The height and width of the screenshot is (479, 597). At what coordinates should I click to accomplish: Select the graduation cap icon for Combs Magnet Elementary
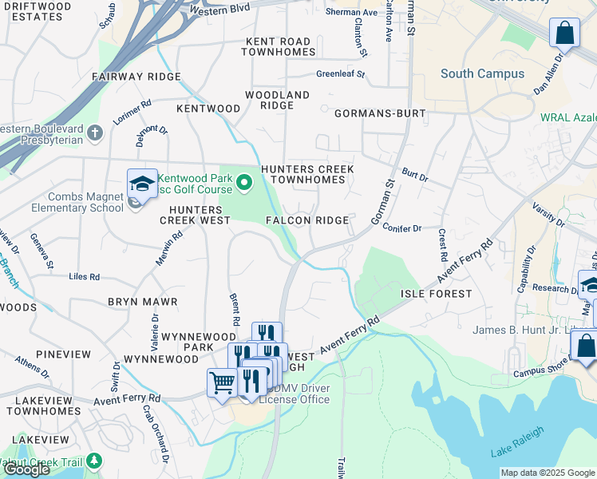coord(141,184)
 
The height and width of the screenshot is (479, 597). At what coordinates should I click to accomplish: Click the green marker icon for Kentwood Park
coord(246,184)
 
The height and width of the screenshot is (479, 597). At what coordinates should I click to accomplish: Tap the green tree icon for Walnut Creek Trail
coord(94,461)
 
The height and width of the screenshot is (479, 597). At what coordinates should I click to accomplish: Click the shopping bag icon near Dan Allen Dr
coord(563,34)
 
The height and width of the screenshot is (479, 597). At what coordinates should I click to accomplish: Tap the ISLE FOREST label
coord(436,294)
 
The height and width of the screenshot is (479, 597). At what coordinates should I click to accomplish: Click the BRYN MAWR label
coord(142,303)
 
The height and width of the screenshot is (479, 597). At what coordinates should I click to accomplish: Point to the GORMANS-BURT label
coord(380,114)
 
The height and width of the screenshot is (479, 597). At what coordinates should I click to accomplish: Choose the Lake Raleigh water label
coord(517,441)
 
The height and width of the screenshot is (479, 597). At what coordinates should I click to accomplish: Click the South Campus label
coord(482,73)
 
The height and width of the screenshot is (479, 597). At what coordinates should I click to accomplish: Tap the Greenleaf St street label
coord(340,73)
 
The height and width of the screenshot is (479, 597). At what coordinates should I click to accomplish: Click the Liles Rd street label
coord(84,277)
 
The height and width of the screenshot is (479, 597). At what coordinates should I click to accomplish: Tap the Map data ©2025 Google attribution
coord(548,473)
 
